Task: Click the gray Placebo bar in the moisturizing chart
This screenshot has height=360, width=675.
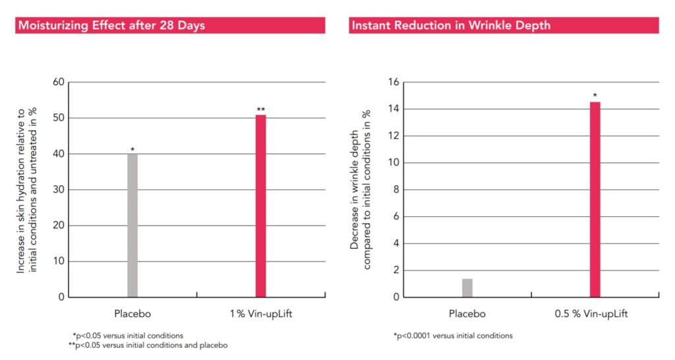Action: coord(132,225)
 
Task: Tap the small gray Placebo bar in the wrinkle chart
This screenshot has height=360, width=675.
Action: coord(467,287)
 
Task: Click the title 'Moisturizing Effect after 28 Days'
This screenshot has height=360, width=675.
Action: coord(111,26)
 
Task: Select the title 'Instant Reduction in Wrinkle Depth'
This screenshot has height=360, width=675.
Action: coord(451,26)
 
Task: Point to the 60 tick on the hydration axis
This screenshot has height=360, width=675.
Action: coord(58,82)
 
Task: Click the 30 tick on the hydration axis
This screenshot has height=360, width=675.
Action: coord(58,190)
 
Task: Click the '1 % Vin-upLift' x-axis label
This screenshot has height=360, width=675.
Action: coord(261,314)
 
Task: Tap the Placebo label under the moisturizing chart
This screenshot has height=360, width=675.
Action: coord(132,314)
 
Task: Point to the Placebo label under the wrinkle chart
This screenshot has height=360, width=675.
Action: coord(467,314)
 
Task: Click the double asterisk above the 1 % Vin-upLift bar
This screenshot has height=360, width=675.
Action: coord(261,109)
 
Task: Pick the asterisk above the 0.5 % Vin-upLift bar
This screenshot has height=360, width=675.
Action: coord(595,96)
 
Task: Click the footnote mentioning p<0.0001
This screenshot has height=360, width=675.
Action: coord(453,336)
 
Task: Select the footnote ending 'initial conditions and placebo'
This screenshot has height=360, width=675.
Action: coord(148,345)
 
